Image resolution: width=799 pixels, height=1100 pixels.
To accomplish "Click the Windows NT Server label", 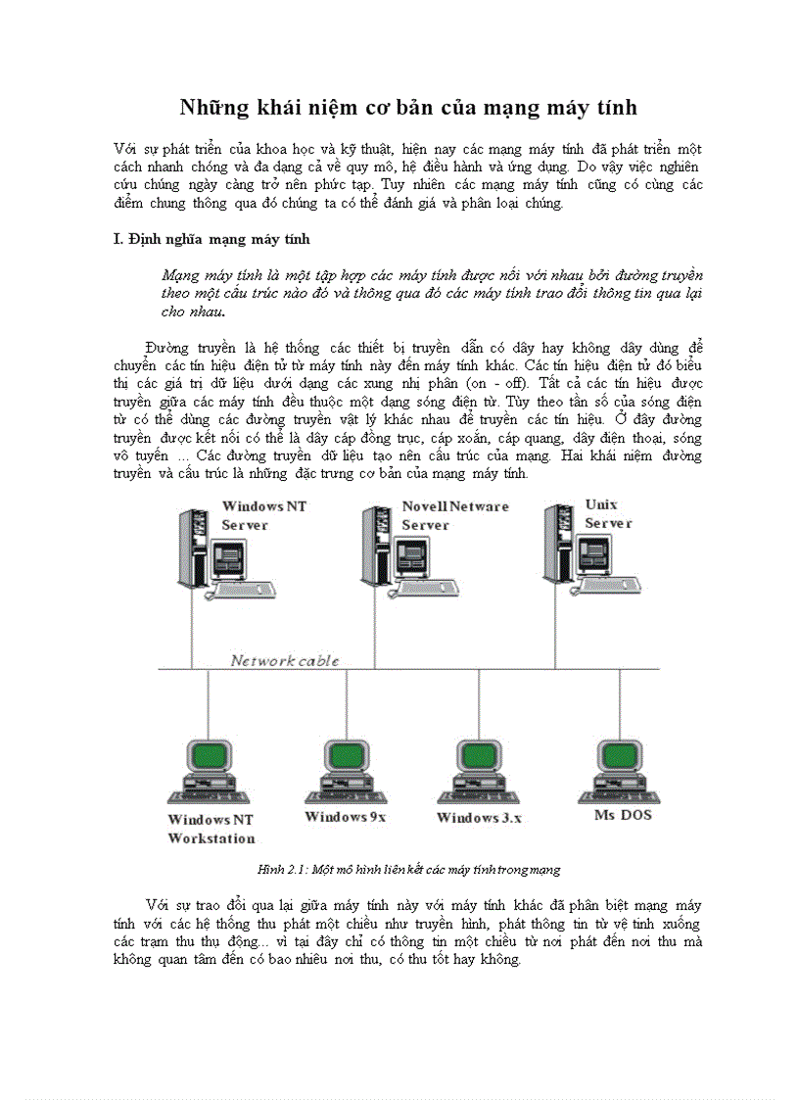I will click(x=257, y=515).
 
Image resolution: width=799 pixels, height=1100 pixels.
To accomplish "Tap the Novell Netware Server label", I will click(x=454, y=515).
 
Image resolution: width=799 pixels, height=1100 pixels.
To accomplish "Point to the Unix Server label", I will click(x=608, y=513).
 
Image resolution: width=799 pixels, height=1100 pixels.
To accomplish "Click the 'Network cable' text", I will click(x=285, y=660).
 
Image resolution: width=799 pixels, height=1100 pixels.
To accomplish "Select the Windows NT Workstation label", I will click(x=211, y=828).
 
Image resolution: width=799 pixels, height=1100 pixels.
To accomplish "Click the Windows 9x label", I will click(x=346, y=817).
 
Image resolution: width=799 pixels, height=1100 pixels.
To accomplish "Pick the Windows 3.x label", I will click(x=479, y=817).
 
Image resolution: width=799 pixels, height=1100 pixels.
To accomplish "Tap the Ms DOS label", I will click(x=622, y=815).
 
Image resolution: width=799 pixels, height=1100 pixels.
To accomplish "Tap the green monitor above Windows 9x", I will click(x=345, y=757).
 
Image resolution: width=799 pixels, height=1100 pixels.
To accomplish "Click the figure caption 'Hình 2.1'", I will click(x=408, y=869).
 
